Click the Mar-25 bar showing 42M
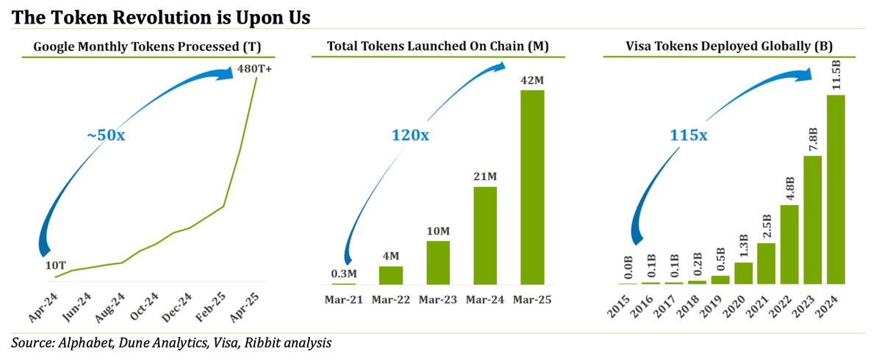[532, 187]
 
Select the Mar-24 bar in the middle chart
[485, 235]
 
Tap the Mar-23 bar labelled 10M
[438, 262]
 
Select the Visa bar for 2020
[743, 273]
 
